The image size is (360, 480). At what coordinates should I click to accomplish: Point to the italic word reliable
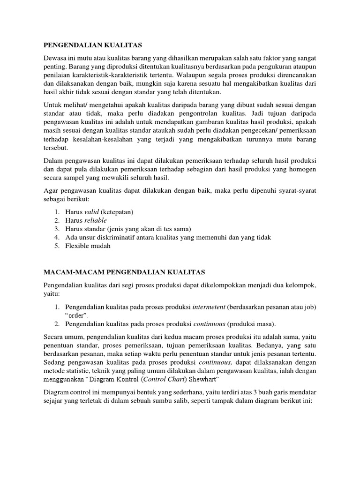click(x=96, y=220)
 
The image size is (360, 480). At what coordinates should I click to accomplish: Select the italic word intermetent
click(x=209, y=307)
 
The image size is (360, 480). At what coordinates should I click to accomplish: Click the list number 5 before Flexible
click(x=56, y=246)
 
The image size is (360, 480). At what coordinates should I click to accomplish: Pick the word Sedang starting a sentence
click(x=54, y=362)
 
